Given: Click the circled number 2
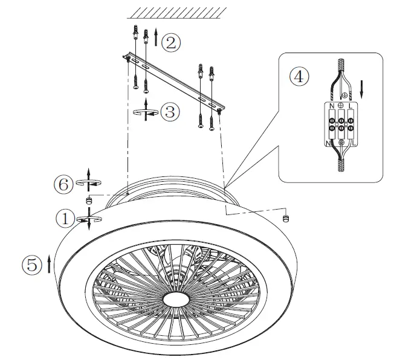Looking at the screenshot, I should coord(172,42).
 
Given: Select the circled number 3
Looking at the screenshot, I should coord(171,112).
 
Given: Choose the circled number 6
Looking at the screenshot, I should coord(64,185).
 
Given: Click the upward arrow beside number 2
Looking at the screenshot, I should coord(157,37).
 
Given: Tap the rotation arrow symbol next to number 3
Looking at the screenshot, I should coord(147,113).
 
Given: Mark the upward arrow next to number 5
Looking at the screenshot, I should coord(48,264).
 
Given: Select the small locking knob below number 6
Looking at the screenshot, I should coord(89,201).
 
